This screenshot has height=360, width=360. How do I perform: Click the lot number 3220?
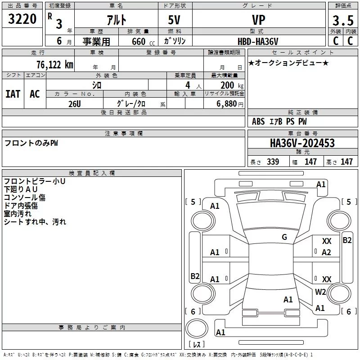tap(22, 19)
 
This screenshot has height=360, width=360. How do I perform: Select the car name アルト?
tap(117, 20)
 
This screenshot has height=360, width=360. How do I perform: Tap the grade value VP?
tap(258, 20)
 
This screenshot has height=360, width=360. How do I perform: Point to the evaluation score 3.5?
tap(343, 20)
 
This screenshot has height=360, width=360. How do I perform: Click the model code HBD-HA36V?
tap(258, 41)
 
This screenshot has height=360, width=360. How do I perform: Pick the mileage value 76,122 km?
tap(55, 64)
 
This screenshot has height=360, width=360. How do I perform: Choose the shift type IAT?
tap(13, 94)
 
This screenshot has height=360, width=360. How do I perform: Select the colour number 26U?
tap(75, 104)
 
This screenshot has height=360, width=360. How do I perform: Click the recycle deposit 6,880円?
tap(230, 104)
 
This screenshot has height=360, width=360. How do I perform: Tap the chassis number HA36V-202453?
tap(302, 143)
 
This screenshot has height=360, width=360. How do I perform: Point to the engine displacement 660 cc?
tap(143, 42)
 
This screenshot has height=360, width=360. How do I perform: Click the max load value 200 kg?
tap(232, 85)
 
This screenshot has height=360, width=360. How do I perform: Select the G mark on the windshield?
tap(284, 237)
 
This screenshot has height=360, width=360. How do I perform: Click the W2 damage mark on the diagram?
tap(320, 292)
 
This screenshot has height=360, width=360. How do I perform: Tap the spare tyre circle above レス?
tap(197, 328)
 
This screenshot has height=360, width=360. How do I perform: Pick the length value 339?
tap(273, 162)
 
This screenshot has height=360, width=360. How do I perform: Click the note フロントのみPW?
tap(31, 143)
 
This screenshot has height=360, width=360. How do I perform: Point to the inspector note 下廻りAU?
tap(21, 189)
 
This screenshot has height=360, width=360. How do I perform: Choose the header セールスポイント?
tap(302, 53)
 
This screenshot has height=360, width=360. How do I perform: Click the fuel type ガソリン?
tap(175, 41)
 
